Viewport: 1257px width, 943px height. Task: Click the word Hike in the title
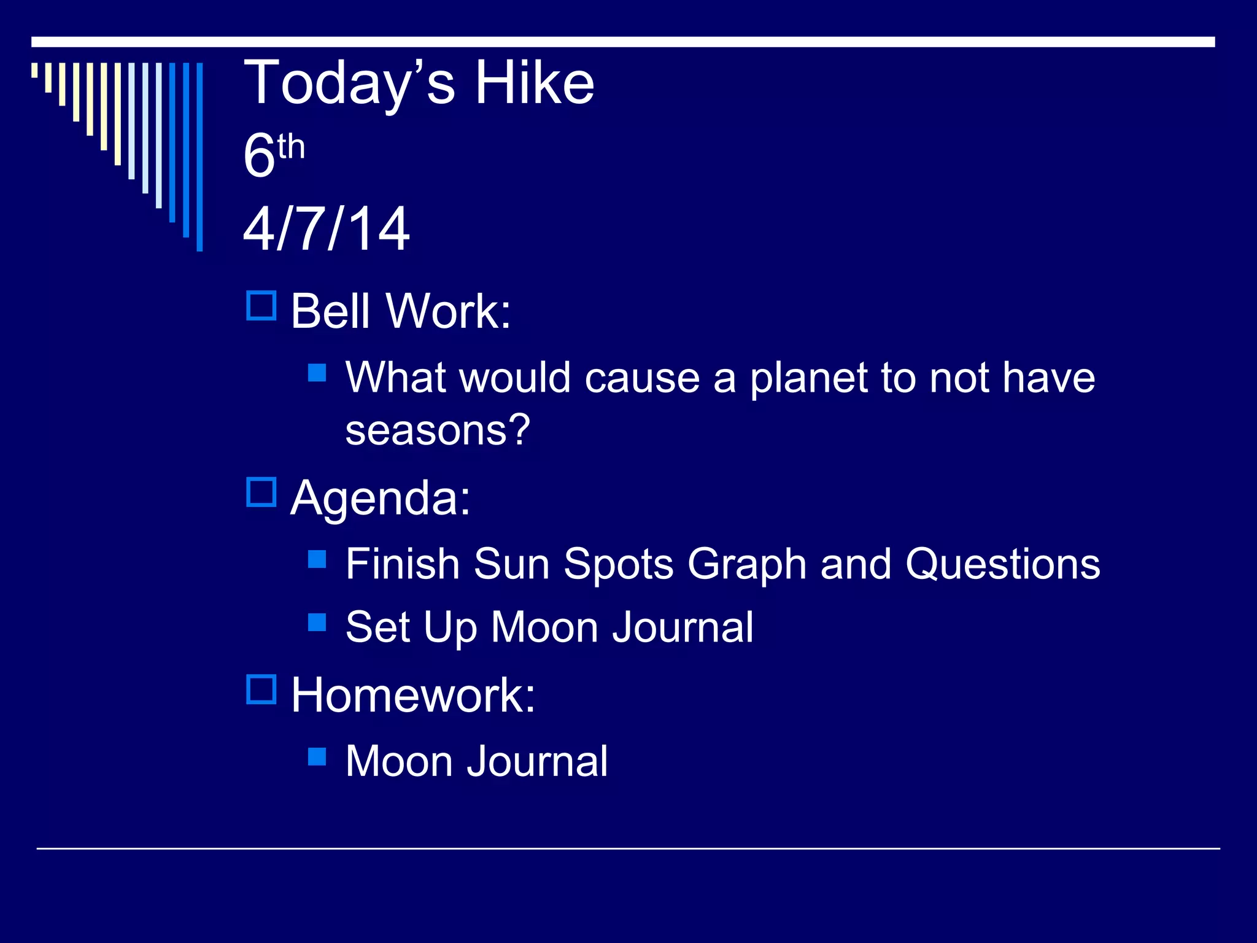[x=535, y=83]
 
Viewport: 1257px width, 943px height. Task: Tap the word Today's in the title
[x=350, y=83]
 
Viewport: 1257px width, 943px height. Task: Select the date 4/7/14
[x=327, y=229]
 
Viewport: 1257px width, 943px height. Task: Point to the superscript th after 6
[x=291, y=147]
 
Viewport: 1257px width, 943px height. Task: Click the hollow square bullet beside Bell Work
[x=261, y=306]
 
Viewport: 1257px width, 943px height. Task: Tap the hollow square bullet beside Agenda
[x=261, y=492]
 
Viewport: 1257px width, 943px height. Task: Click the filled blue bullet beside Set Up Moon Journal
[x=317, y=622]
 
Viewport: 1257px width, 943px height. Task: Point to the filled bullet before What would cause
[x=317, y=373]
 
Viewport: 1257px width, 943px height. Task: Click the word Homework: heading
[x=413, y=695]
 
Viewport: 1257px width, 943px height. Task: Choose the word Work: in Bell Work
[x=449, y=311]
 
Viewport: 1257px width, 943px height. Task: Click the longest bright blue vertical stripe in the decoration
[x=199, y=157]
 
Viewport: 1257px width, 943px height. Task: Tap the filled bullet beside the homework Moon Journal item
[x=317, y=756]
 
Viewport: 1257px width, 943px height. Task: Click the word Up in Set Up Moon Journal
[x=450, y=627]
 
